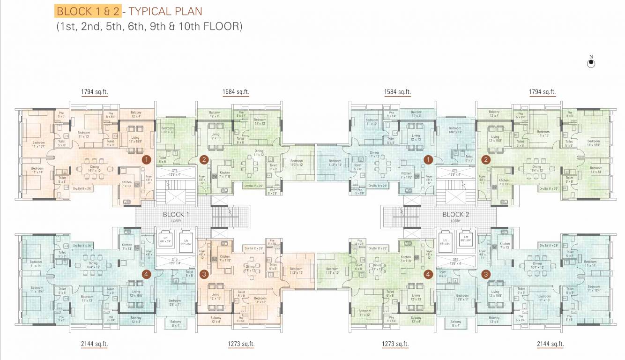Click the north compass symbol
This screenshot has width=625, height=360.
591,63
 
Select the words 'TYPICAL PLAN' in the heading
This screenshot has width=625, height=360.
163,11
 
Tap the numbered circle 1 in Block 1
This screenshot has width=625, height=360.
147,159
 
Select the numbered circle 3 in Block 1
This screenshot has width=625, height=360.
203,274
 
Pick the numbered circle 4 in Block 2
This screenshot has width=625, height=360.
427,274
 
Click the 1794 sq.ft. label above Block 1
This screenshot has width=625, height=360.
95,92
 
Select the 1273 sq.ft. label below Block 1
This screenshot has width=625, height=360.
241,344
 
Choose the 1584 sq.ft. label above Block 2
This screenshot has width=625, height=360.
397,92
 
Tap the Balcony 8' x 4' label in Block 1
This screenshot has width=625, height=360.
175,323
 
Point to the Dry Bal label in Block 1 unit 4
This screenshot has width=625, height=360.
82,246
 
